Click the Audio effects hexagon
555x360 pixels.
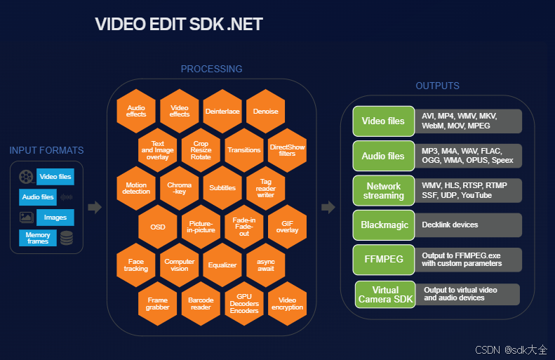(x=136, y=111)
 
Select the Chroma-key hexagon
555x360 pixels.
(x=180, y=187)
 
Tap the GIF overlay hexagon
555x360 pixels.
(x=287, y=226)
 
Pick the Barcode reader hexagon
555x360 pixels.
(x=201, y=303)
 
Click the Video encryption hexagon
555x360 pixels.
(x=287, y=303)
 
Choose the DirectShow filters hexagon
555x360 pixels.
(x=287, y=149)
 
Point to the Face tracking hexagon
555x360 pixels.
(x=136, y=265)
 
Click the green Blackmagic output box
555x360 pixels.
(x=383, y=225)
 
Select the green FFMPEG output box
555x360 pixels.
(x=383, y=259)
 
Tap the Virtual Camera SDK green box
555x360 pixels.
(x=386, y=294)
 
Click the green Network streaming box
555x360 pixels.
(x=383, y=190)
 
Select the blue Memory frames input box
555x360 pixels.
(x=38, y=237)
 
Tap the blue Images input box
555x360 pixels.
(x=55, y=218)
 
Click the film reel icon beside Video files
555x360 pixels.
(x=26, y=177)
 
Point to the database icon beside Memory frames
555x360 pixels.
(x=67, y=238)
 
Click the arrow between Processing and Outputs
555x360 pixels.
(x=328, y=207)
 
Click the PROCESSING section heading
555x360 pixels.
(x=211, y=69)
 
